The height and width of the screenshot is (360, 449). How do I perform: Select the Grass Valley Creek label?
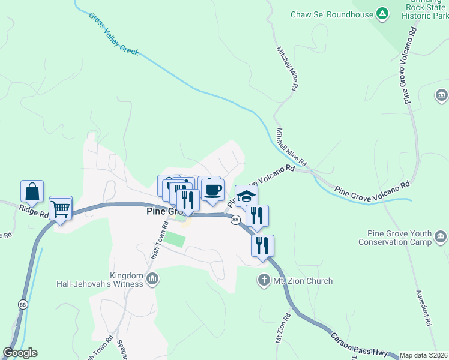click(114, 35)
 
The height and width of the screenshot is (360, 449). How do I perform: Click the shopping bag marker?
click(32, 192)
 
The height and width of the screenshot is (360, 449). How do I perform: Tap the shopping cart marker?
click(61, 209)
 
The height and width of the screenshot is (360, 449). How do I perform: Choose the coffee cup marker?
click(212, 190)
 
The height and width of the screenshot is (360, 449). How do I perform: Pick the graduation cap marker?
click(246, 196)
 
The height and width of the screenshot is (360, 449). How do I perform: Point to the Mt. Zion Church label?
click(303, 281)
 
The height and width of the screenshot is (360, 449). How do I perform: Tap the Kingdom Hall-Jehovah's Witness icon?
click(152, 278)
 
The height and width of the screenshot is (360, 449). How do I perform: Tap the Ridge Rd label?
click(33, 211)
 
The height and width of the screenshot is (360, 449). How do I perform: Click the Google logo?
click(20, 353)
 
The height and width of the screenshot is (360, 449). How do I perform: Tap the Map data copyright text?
click(424, 355)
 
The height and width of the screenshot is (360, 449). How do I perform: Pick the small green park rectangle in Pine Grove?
click(175, 239)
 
